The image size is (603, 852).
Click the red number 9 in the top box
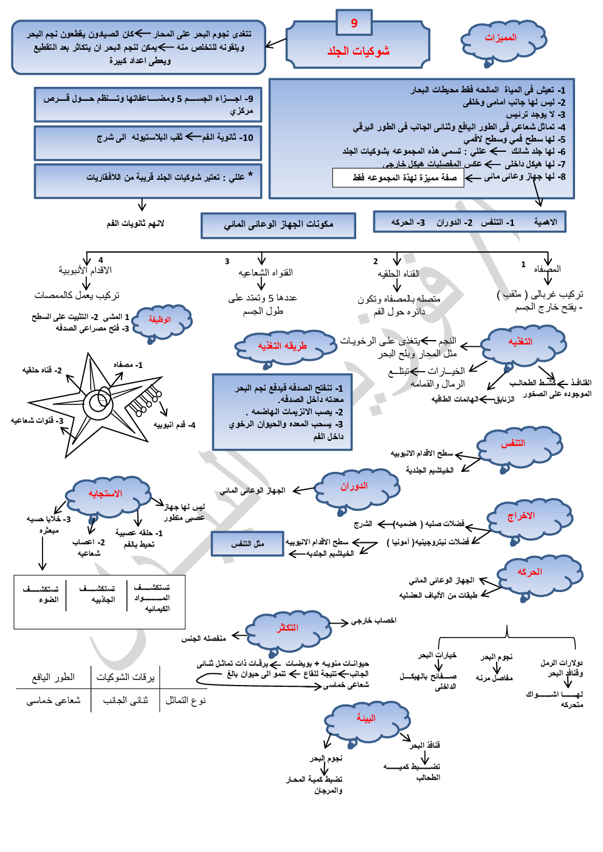(x=354, y=23)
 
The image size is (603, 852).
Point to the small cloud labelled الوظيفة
(x=160, y=319)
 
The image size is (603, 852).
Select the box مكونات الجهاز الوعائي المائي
(x=278, y=225)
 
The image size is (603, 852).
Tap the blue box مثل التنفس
(x=247, y=544)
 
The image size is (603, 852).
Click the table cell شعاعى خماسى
(x=53, y=700)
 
